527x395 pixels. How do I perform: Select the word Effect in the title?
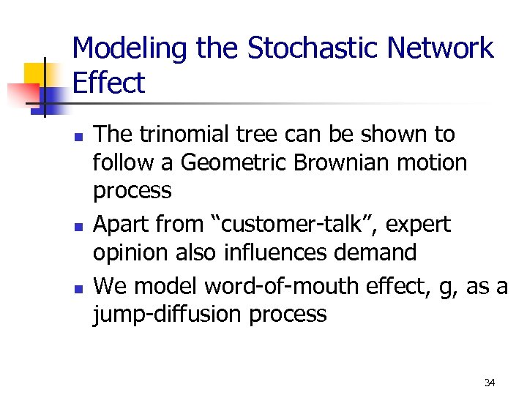(x=108, y=83)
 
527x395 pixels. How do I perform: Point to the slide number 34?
(x=490, y=383)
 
